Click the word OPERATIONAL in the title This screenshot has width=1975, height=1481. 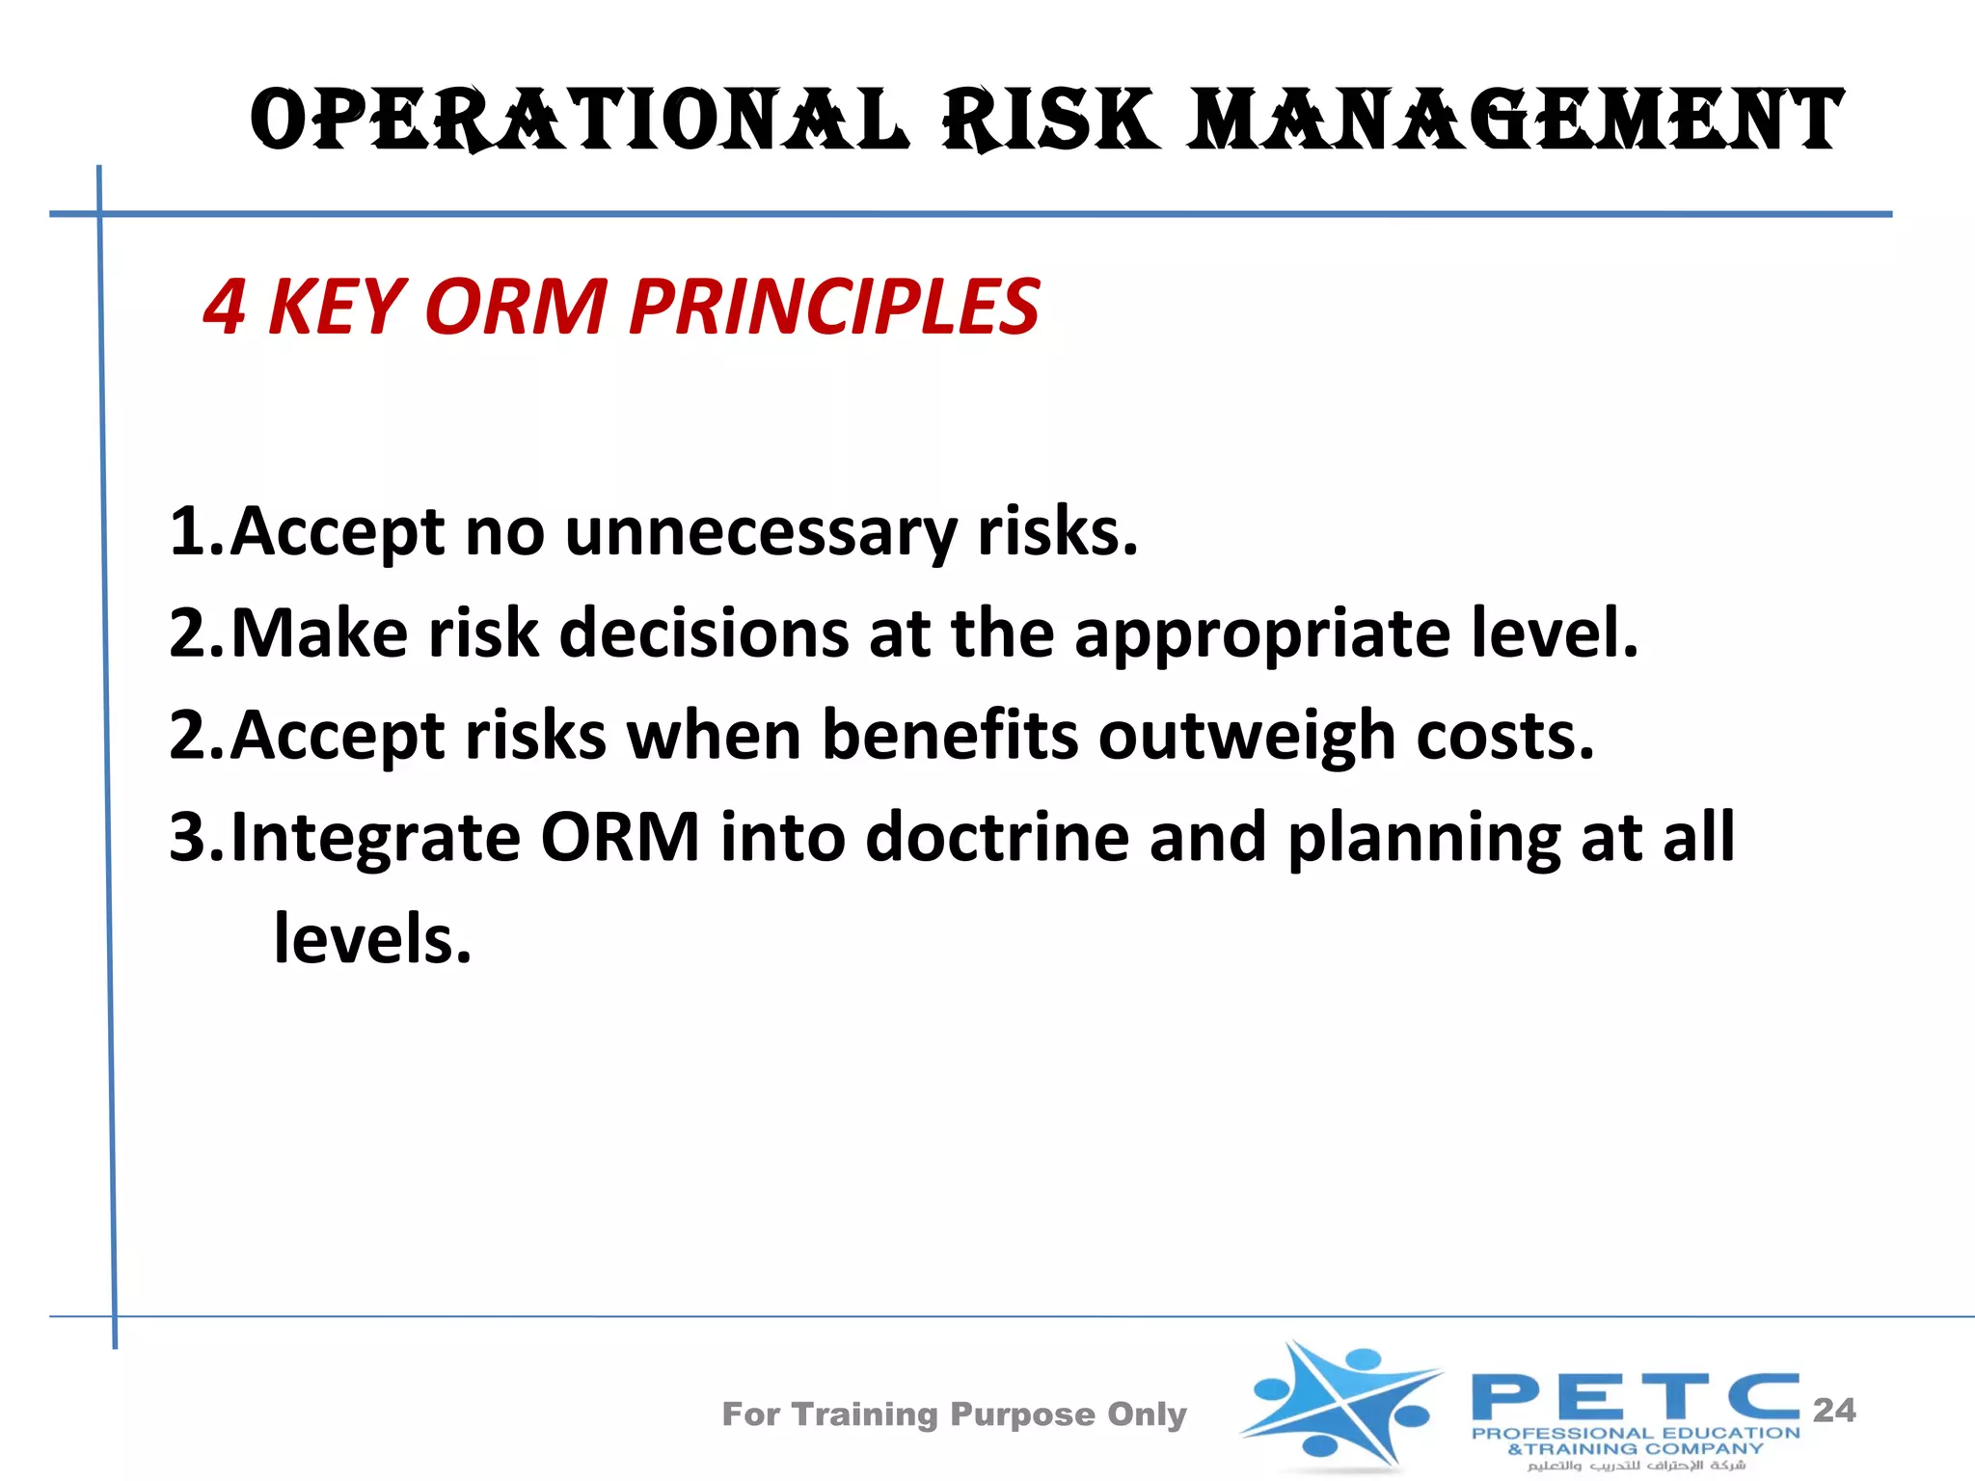[579, 121]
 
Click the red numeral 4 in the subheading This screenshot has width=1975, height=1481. [224, 308]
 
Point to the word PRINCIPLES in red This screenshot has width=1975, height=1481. [834, 308]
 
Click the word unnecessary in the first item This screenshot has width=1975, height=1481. [761, 533]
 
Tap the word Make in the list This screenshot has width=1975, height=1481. [319, 633]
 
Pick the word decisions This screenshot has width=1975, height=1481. [705, 633]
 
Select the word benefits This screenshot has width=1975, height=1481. [950, 736]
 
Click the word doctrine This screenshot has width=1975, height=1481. [997, 837]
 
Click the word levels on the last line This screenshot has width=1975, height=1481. [371, 939]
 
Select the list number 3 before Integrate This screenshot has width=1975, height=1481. [188, 837]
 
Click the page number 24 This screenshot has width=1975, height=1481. [1834, 1411]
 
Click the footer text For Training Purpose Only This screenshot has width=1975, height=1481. [954, 1414]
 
